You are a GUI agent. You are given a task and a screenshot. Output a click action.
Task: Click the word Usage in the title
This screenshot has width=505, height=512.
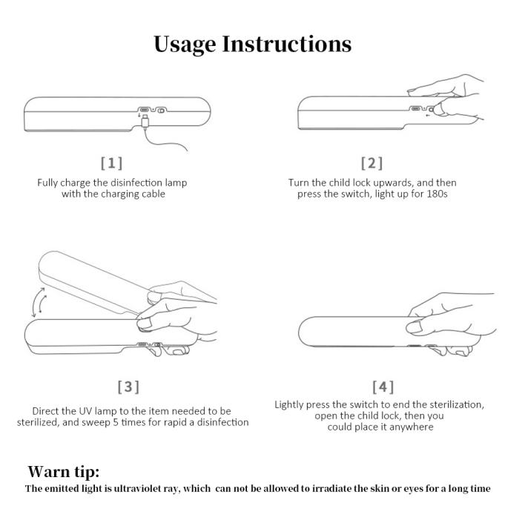click(185, 45)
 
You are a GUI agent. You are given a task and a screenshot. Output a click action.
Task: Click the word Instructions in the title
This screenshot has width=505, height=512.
click(287, 44)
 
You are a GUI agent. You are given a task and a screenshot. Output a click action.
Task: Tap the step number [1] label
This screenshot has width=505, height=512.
click(111, 163)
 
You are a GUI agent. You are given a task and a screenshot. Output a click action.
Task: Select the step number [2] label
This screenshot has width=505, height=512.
click(372, 163)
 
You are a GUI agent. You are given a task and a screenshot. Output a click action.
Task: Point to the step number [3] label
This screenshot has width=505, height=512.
click(128, 387)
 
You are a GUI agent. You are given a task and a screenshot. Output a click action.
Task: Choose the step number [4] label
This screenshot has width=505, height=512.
click(383, 387)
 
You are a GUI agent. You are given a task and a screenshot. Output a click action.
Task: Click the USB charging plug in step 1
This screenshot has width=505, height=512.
click(145, 122)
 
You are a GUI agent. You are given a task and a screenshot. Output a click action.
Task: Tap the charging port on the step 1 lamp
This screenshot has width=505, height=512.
click(144, 110)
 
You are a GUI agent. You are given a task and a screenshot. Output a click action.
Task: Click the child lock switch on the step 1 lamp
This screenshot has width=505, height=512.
click(161, 111)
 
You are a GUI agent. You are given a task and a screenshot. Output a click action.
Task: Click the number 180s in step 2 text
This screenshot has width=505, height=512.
click(437, 194)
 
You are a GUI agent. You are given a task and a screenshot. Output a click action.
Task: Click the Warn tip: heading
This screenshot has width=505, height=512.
click(64, 471)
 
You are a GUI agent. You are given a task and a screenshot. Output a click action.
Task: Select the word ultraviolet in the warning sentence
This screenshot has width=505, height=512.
click(141, 488)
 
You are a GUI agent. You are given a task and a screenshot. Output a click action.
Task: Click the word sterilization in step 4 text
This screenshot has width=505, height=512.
click(456, 404)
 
